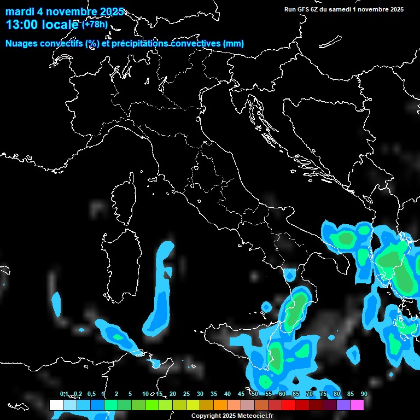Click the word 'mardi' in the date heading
pyautogui.click(x=19, y=12)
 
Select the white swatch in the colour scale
pyautogui.click(x=56, y=405)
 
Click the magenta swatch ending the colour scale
pyautogui.click(x=357, y=405)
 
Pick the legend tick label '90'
pyautogui.click(x=364, y=394)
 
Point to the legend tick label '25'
pyautogui.click(x=186, y=394)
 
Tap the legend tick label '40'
pyautogui.click(x=227, y=394)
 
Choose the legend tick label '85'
pyautogui.click(x=350, y=394)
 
